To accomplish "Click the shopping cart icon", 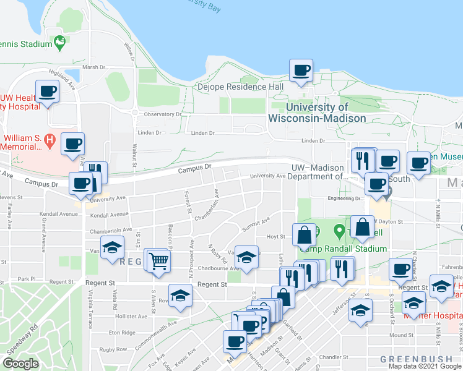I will [x=158, y=262].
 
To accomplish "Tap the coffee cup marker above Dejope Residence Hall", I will [x=301, y=71].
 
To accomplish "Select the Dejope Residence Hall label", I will [x=240, y=87].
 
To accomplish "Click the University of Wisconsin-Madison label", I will [x=316, y=113].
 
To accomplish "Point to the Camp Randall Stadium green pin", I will [x=339, y=232].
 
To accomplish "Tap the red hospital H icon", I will [x=50, y=141].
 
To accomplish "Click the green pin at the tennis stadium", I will [x=60, y=43].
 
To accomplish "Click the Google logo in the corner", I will [x=21, y=364].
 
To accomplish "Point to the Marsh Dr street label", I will [x=94, y=67].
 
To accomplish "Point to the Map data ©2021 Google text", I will [x=425, y=366].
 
